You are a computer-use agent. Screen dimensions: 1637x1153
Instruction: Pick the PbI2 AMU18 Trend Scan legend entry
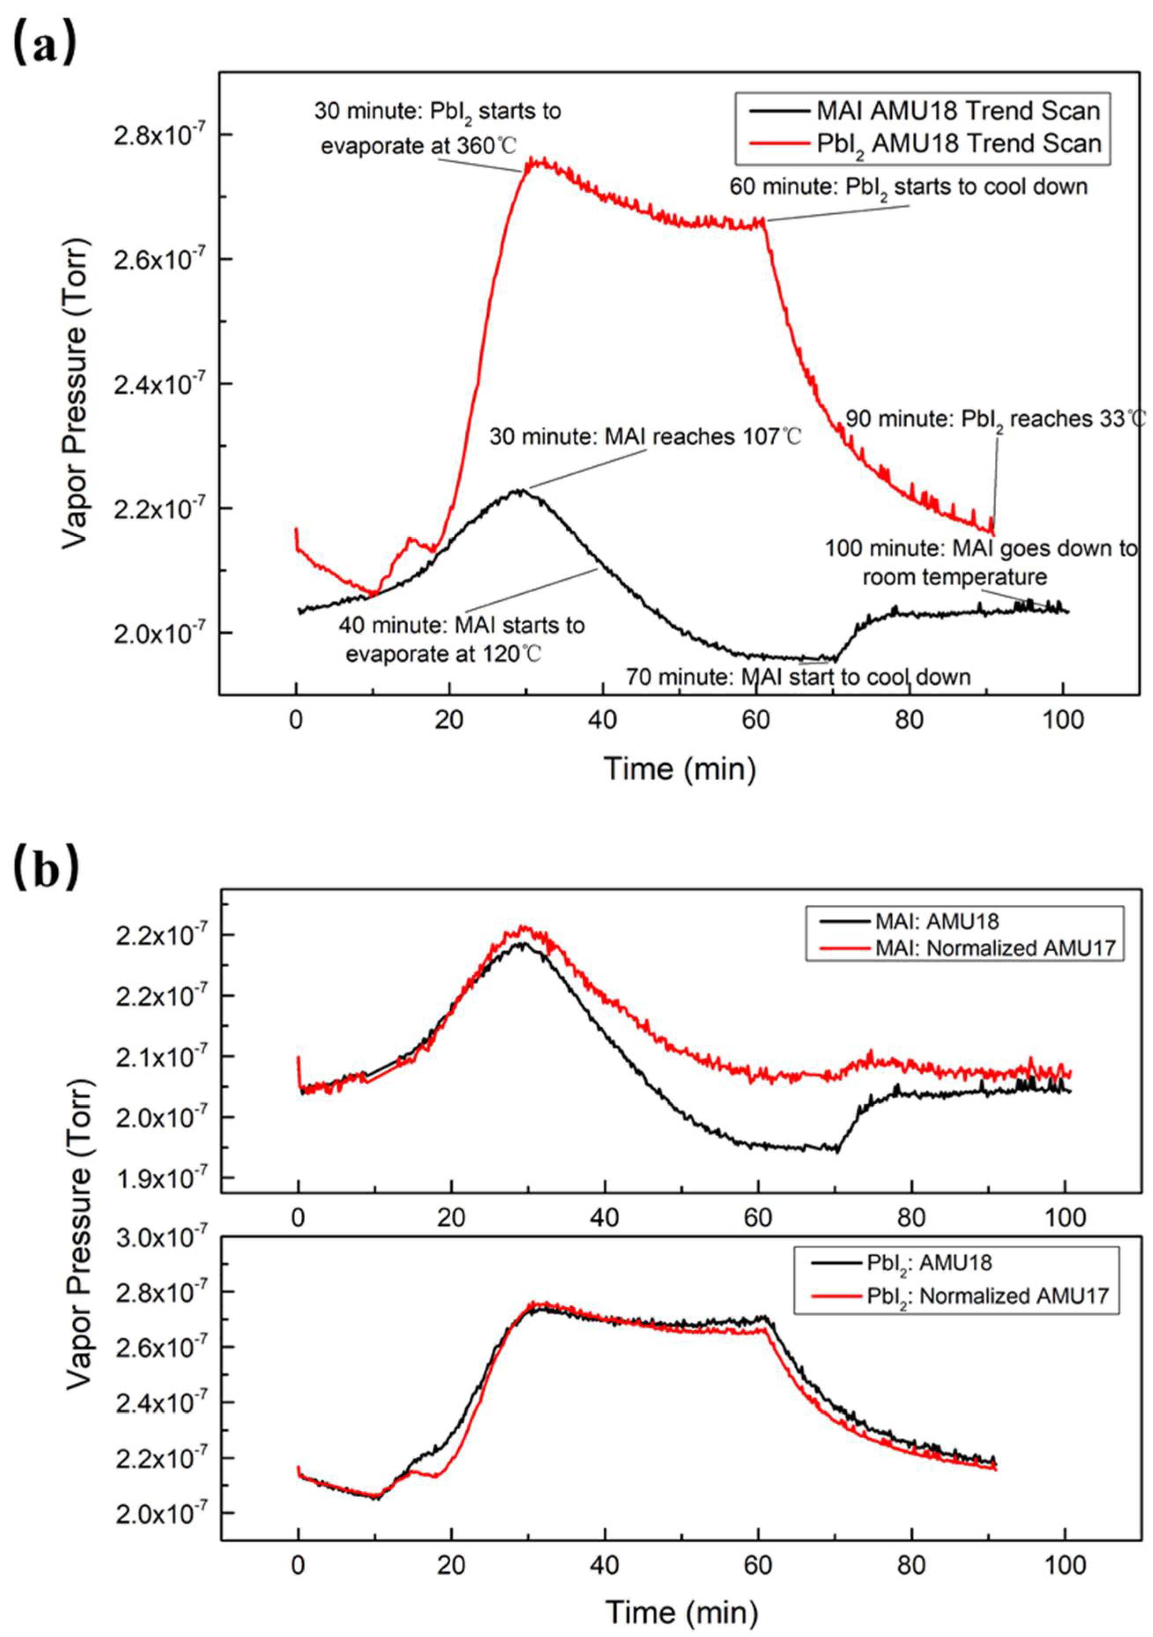point(958,143)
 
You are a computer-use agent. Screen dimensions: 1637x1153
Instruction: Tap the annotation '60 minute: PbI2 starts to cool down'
point(908,187)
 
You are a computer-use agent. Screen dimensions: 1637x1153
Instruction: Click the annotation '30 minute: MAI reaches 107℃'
point(645,436)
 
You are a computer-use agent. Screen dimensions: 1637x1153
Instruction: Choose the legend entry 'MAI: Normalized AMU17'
point(994,948)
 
